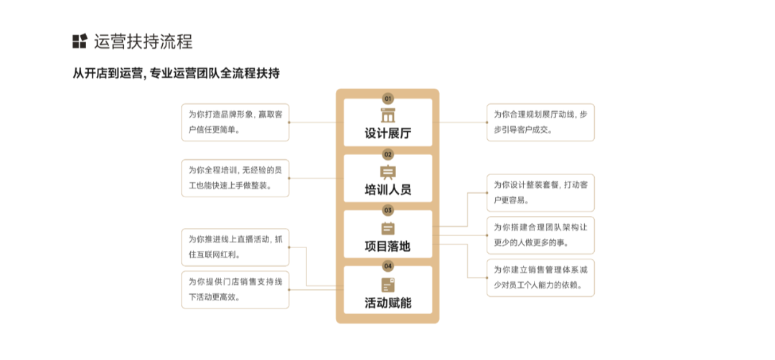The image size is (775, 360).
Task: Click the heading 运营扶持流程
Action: click(x=143, y=42)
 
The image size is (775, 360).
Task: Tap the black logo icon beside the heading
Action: click(x=80, y=42)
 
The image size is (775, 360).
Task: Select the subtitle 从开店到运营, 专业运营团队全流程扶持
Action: click(x=176, y=73)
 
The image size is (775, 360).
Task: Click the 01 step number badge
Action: click(x=387, y=98)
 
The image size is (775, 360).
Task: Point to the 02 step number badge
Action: click(x=387, y=154)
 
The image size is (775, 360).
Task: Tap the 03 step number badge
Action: click(x=387, y=210)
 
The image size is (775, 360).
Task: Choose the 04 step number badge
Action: click(x=387, y=266)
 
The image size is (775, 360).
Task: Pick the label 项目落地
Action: click(x=387, y=247)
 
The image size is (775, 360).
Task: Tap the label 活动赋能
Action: click(x=387, y=303)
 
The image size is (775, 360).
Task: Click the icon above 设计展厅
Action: click(x=387, y=115)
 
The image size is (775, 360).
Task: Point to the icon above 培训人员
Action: click(x=387, y=172)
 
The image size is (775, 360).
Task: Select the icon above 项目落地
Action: click(x=387, y=229)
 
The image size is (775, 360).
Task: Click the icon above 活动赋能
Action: click(x=387, y=285)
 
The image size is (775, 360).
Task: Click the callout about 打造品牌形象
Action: click(x=235, y=122)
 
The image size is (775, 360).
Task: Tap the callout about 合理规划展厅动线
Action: click(x=540, y=122)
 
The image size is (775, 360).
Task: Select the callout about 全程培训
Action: click(x=235, y=178)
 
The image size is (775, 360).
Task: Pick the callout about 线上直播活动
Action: click(x=235, y=247)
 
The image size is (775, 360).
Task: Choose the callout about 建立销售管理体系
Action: click(x=540, y=278)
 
